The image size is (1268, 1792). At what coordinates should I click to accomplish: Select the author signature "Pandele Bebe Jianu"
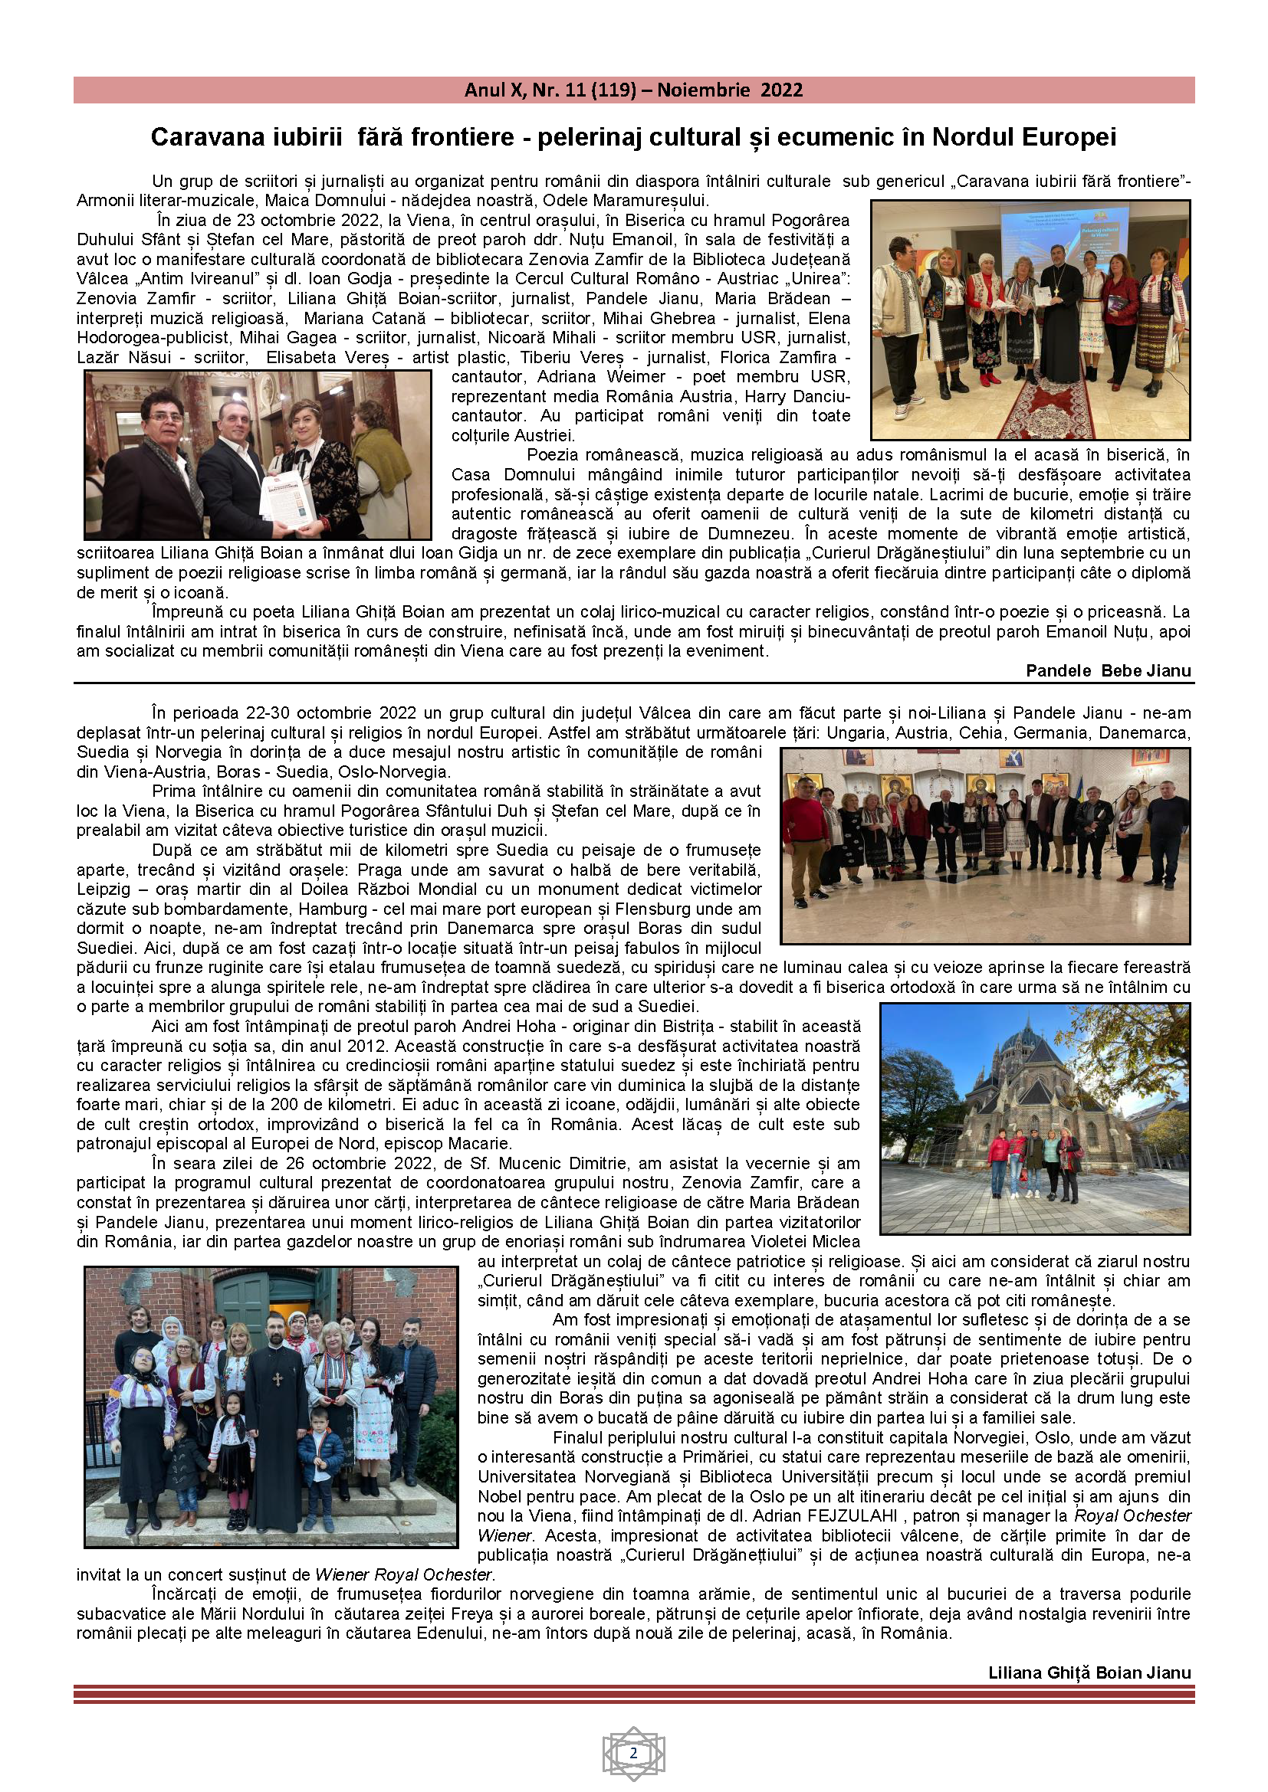(1108, 670)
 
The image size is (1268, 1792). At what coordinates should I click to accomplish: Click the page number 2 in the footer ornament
(633, 1753)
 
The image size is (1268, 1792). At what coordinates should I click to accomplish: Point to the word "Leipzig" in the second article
(102, 889)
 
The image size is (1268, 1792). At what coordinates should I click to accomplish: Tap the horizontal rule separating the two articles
(633, 683)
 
